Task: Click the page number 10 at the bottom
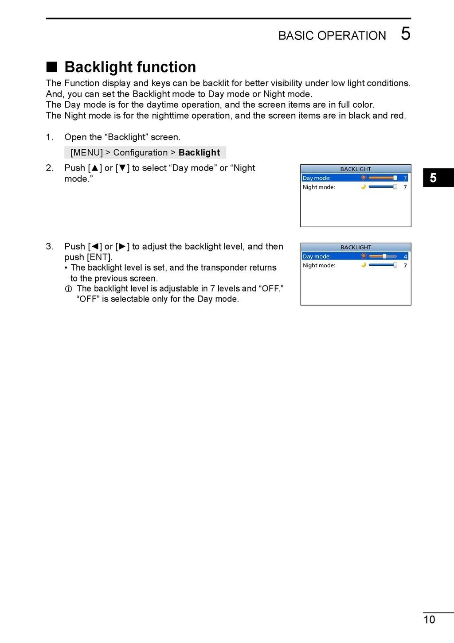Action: click(429, 620)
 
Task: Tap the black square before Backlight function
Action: click(52, 67)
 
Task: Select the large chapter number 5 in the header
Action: click(405, 34)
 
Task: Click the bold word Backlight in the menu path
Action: click(199, 152)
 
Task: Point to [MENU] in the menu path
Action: click(86, 152)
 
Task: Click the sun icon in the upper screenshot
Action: click(364, 178)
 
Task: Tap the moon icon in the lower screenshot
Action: click(364, 265)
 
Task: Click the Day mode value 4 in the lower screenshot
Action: click(405, 256)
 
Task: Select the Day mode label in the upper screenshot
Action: click(317, 178)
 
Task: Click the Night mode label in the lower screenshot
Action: click(319, 265)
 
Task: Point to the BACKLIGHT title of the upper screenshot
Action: click(356, 169)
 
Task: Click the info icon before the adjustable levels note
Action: click(68, 289)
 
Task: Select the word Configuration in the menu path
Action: click(140, 152)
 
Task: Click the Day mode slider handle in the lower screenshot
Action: click(384, 256)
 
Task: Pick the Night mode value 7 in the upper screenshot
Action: click(405, 187)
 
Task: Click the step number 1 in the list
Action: click(49, 137)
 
